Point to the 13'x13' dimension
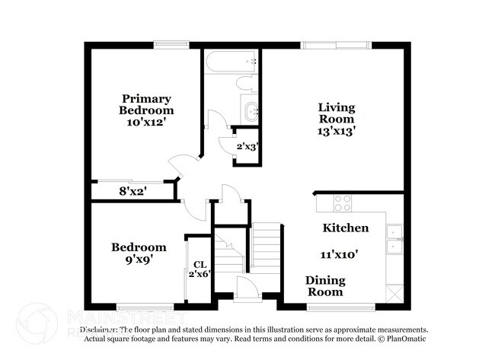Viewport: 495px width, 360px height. click(x=336, y=131)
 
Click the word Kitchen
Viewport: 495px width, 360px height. click(x=346, y=228)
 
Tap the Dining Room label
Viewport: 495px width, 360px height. click(x=325, y=285)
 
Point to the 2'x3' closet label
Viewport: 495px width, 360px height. click(x=247, y=146)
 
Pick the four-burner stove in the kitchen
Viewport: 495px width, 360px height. click(x=343, y=203)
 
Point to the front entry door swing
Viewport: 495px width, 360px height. click(x=246, y=289)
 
